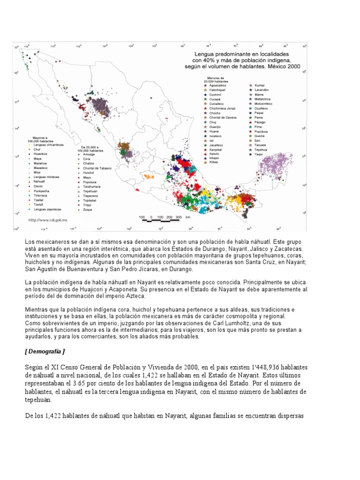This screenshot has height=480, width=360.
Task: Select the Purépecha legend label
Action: [42, 191]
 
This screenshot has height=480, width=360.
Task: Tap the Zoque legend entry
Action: [87, 209]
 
